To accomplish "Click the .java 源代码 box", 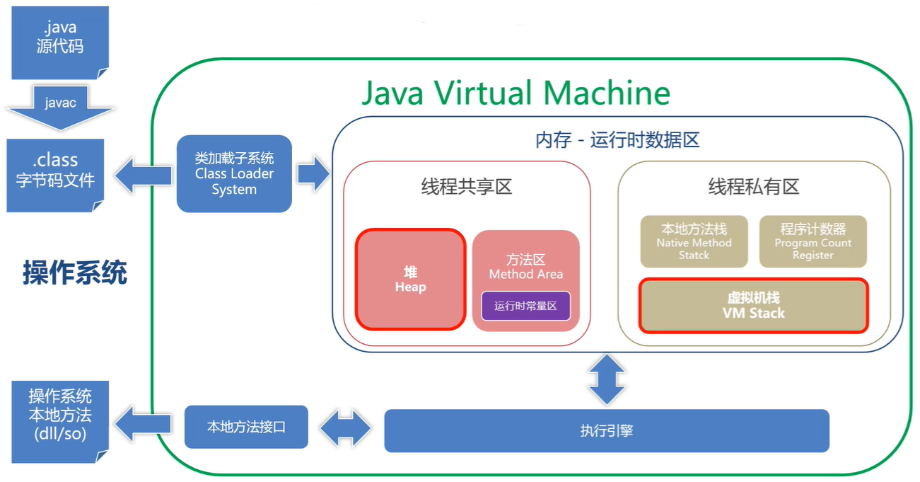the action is point(60,42).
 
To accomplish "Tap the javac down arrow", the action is point(60,108).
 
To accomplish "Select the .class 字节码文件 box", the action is point(55,176).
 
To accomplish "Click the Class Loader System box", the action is point(234,174).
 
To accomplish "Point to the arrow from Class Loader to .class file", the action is point(144,176).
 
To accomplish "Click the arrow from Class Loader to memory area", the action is point(314,174).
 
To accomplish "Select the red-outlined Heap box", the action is point(411,280).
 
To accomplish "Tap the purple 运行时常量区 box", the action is point(525,306).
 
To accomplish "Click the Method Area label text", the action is point(525,274).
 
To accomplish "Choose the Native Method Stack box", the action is point(694,241).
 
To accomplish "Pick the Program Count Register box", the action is point(813,241).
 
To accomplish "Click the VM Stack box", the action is point(754,306).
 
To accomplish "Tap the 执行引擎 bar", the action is point(607,430).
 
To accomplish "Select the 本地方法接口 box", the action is point(246,427).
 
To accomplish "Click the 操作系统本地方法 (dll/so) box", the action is point(60,422).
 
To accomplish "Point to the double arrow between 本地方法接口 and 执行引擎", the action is point(345,428).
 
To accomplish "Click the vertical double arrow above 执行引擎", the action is point(607,379).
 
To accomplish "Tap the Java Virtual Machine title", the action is point(516,93).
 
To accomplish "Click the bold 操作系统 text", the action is point(75,272).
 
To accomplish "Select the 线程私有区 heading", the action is point(754,187).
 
